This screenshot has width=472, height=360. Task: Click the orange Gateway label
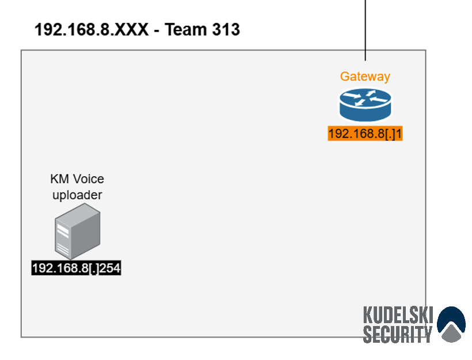tap(365, 77)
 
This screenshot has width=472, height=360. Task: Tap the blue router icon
tap(366, 105)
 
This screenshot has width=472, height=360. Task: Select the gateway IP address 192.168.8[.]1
tap(365, 134)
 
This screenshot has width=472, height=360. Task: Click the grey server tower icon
tap(77, 231)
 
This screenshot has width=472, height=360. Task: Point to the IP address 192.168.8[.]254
tap(76, 268)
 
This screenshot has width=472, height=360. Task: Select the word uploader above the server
tap(77, 195)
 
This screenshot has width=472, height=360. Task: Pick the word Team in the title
tap(185, 29)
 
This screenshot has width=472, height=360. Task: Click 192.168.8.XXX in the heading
tap(92, 29)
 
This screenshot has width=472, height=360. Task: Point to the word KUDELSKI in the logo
tap(398, 315)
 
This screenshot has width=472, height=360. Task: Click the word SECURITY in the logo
tap(397, 334)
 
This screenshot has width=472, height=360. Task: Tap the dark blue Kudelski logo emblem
tap(451, 324)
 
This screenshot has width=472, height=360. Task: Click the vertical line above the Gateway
tap(366, 30)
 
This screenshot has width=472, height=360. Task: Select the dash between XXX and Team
tap(157, 31)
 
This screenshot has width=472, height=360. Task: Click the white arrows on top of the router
tap(365, 98)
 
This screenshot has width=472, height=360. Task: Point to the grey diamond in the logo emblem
tap(451, 332)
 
